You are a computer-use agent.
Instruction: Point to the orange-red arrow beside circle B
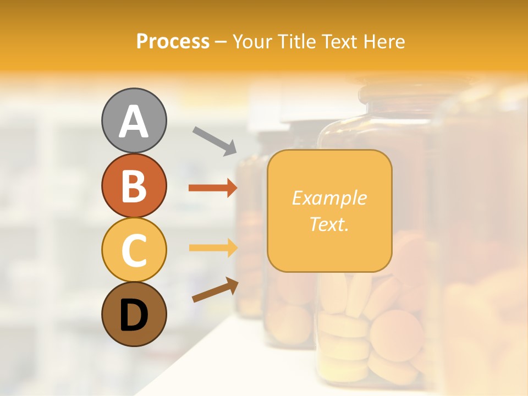pyautogui.click(x=213, y=188)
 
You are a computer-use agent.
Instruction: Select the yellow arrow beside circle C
pyautogui.click(x=213, y=248)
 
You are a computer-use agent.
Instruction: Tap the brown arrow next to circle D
pyautogui.click(x=215, y=290)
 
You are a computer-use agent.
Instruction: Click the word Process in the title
pyautogui.click(x=173, y=41)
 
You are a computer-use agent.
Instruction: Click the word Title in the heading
pyautogui.click(x=297, y=41)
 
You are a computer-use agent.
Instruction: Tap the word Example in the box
pyautogui.click(x=329, y=198)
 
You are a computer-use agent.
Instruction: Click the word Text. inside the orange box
pyautogui.click(x=329, y=224)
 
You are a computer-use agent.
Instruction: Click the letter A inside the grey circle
pyautogui.click(x=134, y=121)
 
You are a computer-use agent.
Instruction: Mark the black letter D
pyautogui.click(x=134, y=315)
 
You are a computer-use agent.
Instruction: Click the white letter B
pyautogui.click(x=134, y=186)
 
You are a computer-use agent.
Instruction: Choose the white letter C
pyautogui.click(x=134, y=250)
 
